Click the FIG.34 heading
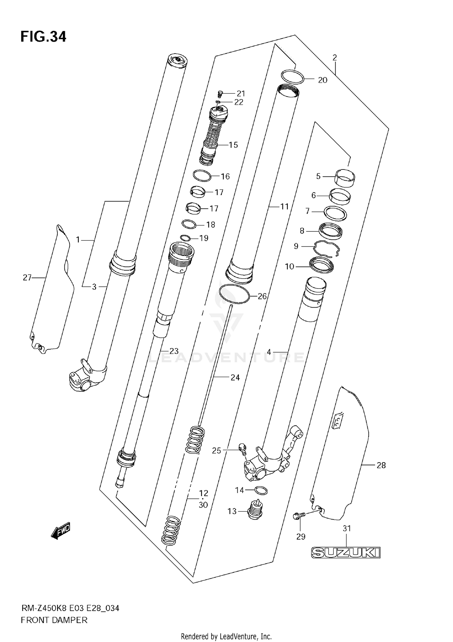click(x=43, y=37)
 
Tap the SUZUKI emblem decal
click(x=345, y=553)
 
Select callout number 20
click(x=323, y=80)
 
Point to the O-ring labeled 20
click(x=292, y=77)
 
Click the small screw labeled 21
click(x=220, y=94)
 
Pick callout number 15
click(x=233, y=145)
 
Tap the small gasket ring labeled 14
click(x=261, y=490)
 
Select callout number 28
click(x=381, y=465)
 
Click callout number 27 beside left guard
click(x=27, y=277)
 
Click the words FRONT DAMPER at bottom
click(x=54, y=620)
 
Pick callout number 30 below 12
click(x=203, y=505)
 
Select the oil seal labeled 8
click(x=331, y=231)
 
